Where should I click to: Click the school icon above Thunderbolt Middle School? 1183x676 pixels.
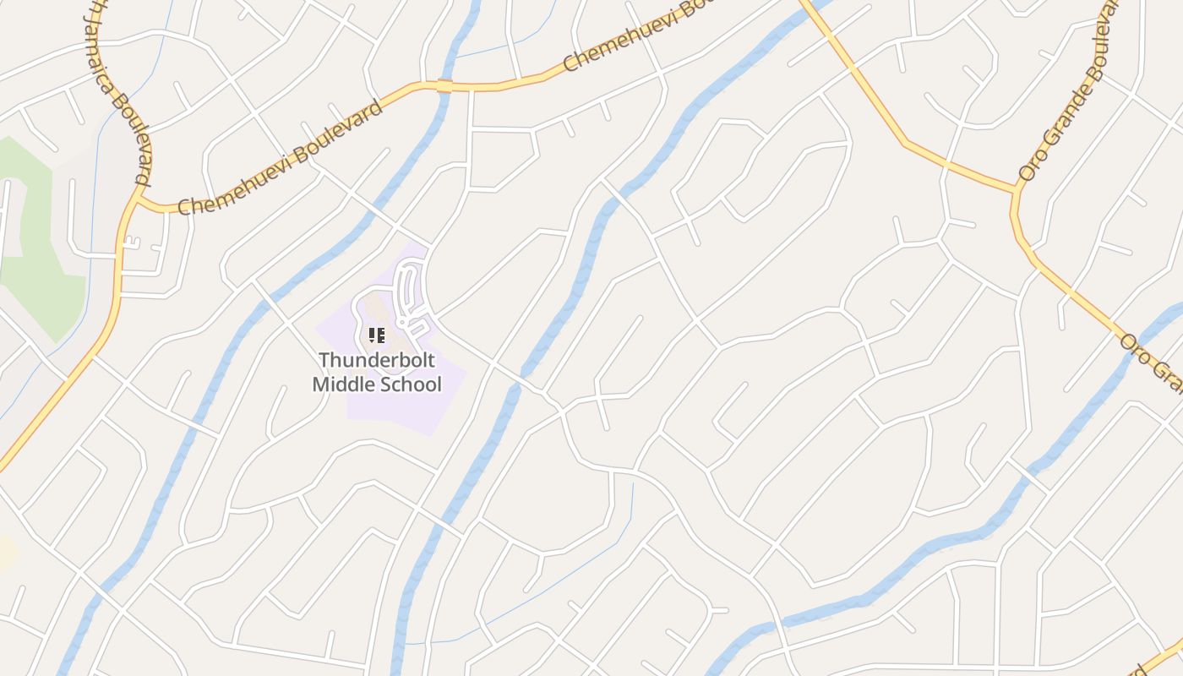click(x=377, y=335)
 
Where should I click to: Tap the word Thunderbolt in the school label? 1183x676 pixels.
click(x=377, y=360)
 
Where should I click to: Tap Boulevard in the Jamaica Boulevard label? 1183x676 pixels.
click(x=140, y=156)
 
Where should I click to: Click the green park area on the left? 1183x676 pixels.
click(x=38, y=245)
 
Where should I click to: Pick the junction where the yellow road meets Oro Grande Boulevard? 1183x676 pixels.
click(x=1015, y=190)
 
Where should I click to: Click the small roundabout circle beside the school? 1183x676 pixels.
click(x=402, y=323)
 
